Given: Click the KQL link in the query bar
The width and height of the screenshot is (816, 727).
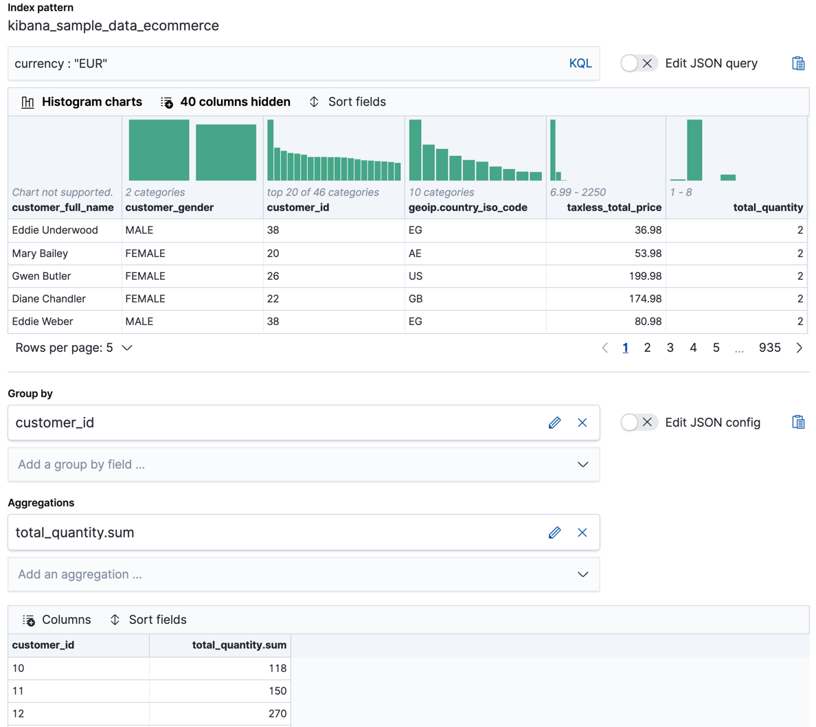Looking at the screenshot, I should tap(580, 63).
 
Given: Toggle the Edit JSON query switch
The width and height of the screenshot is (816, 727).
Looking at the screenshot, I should tap(638, 63).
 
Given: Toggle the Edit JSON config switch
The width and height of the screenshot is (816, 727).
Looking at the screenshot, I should tap(638, 423).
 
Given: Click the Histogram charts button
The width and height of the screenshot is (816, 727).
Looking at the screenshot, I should tap(82, 102).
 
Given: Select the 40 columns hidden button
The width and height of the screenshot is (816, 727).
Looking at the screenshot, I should tap(225, 102).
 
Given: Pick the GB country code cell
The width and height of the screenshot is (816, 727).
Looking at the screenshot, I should tap(416, 299).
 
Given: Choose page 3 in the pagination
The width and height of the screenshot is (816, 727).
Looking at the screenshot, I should tap(670, 348).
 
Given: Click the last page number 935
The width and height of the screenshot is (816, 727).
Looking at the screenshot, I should tap(769, 348).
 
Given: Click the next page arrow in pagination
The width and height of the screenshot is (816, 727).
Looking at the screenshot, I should tap(799, 348).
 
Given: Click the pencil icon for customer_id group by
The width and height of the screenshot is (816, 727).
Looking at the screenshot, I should tap(554, 423).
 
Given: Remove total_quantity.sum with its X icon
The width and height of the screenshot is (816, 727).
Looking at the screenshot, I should tap(582, 533).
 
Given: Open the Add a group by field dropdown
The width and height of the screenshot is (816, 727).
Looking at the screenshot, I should tap(303, 465).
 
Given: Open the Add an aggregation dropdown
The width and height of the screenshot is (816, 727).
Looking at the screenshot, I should tap(303, 574).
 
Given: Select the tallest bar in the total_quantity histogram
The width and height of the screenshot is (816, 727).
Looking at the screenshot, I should tap(694, 150).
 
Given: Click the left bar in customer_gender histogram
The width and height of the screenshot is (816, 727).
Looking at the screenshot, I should tap(159, 150).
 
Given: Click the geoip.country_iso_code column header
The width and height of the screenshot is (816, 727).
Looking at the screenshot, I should tap(468, 208).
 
